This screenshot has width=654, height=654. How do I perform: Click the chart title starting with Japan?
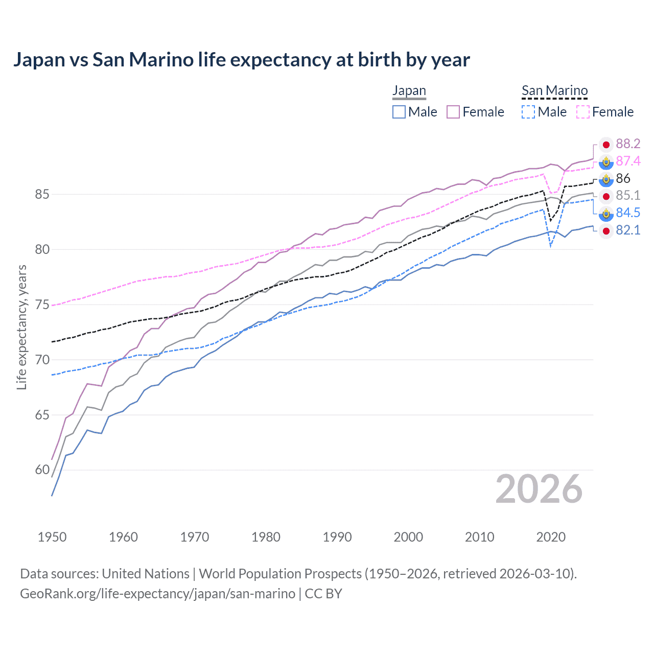tap(241, 60)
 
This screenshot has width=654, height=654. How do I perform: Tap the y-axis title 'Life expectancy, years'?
tap(21, 328)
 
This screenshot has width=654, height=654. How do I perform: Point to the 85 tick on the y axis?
tap(42, 195)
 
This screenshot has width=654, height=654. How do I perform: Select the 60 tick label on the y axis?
tap(42, 470)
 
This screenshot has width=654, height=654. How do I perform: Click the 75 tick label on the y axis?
tap(42, 305)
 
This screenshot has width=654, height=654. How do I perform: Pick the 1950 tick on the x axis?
tap(52, 537)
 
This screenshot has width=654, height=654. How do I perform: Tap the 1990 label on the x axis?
tap(337, 537)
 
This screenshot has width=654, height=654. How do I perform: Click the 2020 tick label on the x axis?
tap(551, 537)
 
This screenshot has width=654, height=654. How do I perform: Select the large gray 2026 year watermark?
tap(539, 489)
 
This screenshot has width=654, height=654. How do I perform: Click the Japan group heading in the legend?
tap(409, 91)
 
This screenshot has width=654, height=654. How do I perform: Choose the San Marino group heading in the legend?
tap(554, 91)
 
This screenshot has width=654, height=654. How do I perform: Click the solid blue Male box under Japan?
tap(399, 112)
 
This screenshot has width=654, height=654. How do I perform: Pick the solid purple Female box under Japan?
tap(453, 112)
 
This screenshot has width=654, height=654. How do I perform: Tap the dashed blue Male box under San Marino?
tap(528, 112)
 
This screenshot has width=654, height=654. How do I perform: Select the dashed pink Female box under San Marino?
tap(583, 112)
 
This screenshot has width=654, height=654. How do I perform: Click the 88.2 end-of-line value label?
tap(628, 144)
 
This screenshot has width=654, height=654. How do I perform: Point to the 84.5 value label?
tap(628, 213)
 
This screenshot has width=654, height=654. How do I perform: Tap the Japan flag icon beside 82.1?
tap(606, 231)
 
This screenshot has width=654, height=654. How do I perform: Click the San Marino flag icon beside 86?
tap(606, 179)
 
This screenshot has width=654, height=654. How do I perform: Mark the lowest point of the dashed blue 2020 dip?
tap(550, 246)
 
